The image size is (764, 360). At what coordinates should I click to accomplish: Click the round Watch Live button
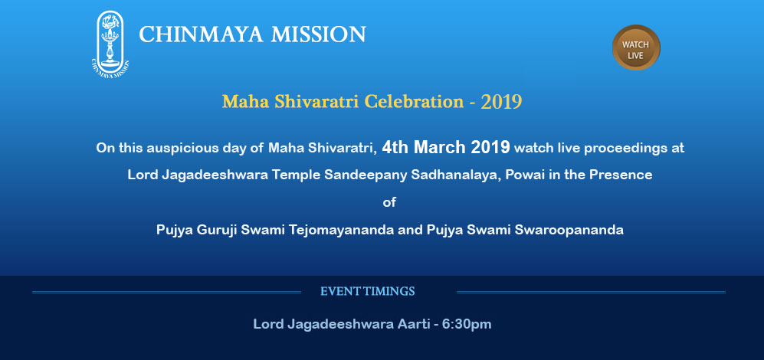click(x=636, y=47)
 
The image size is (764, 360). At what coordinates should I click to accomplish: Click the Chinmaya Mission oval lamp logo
click(x=110, y=44)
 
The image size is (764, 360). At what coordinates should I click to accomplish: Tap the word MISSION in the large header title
click(x=318, y=34)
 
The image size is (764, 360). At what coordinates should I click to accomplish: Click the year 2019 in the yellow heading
click(x=501, y=102)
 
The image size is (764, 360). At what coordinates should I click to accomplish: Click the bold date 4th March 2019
click(x=446, y=147)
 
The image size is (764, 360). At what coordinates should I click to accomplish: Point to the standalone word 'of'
click(x=389, y=202)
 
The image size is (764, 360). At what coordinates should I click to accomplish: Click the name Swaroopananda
click(x=580, y=230)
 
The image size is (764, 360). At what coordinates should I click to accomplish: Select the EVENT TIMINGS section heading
click(x=367, y=292)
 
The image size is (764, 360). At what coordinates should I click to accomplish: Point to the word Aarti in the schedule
click(x=413, y=324)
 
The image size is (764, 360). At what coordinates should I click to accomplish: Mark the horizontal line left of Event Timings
click(x=166, y=293)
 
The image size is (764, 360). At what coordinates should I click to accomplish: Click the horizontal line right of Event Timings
click(x=591, y=293)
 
